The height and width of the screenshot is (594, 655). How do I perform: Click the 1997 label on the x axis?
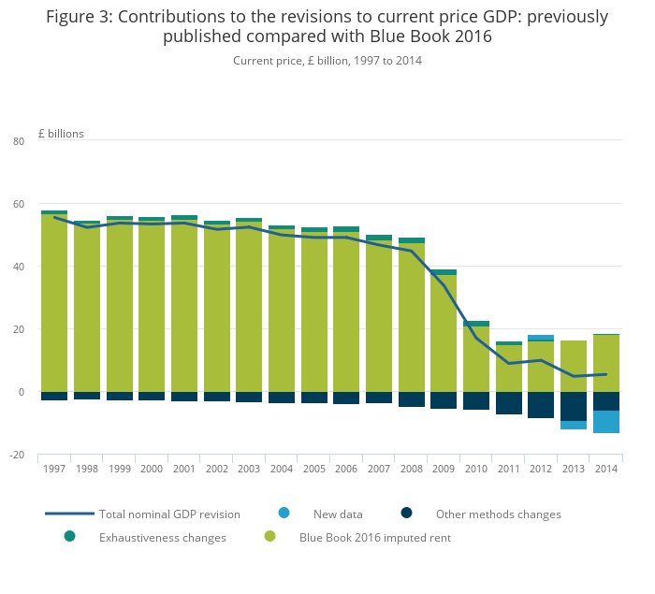pos(54,469)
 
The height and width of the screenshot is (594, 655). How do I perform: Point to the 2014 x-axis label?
pos(605,469)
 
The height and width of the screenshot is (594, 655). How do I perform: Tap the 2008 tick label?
pos(411,469)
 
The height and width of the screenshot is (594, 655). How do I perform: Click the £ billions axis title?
pos(61,134)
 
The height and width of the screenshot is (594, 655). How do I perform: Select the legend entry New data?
pos(338,514)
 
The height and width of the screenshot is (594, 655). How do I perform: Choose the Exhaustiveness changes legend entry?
pos(162,538)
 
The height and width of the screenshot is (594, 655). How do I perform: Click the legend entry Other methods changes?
pos(498,514)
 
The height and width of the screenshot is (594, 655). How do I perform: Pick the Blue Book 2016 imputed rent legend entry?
pos(374,538)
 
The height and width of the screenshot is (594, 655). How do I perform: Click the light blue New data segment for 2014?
pos(605,422)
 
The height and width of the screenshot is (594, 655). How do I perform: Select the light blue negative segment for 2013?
pos(574,426)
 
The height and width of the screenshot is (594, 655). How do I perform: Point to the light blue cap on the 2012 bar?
pos(541,338)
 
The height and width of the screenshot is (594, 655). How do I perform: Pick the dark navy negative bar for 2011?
pos(508,403)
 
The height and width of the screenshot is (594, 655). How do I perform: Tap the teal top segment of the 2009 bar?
pos(444,272)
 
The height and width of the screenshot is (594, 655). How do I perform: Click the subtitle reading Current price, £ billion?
pos(327,61)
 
